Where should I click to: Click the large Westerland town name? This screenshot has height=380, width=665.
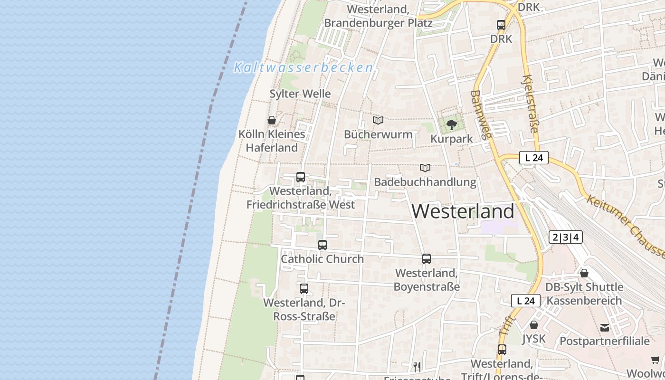(463, 211)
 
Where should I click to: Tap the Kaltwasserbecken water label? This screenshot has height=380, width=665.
(303, 67)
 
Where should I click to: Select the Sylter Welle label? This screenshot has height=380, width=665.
(300, 94)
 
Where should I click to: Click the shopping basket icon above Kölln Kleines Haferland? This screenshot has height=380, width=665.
(272, 120)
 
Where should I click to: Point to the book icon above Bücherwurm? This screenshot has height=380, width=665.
(378, 121)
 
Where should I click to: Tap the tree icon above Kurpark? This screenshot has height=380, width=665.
(452, 125)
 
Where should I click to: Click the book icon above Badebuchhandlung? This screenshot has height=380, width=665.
(425, 168)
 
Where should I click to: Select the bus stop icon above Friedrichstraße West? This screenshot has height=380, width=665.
(300, 177)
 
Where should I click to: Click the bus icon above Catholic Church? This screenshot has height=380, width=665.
(323, 245)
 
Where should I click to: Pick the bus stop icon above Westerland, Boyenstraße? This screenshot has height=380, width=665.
(427, 259)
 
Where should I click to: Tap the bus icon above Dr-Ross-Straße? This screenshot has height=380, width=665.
(304, 289)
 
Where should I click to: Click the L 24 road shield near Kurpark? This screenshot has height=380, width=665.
(534, 158)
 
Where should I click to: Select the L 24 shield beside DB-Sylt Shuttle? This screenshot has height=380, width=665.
(525, 301)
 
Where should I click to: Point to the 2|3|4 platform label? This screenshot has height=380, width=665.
(565, 237)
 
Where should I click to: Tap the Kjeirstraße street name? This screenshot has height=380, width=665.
(531, 104)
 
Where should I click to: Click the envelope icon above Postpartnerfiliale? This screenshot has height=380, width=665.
(605, 327)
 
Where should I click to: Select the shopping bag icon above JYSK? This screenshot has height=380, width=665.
(534, 325)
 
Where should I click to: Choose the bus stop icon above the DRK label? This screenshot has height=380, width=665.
(501, 25)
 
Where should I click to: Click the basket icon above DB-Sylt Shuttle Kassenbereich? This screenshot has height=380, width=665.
(584, 273)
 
